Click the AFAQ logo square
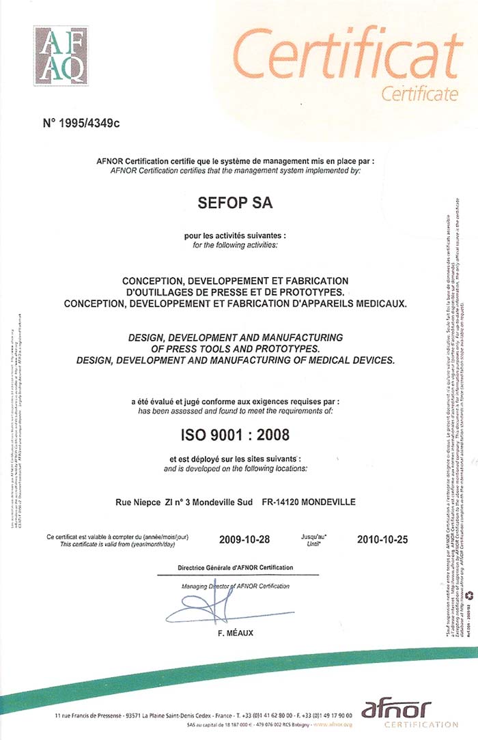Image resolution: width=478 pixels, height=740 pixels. click(61, 56)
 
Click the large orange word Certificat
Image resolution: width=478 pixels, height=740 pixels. click(349, 55)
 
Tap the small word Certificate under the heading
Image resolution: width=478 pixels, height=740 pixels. click(419, 94)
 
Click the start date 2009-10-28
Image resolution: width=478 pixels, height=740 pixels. click(244, 539)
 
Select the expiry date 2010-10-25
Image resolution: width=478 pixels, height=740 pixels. click(382, 539)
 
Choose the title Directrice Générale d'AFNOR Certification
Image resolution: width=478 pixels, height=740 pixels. click(235, 567)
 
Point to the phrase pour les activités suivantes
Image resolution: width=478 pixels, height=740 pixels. click(235, 236)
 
